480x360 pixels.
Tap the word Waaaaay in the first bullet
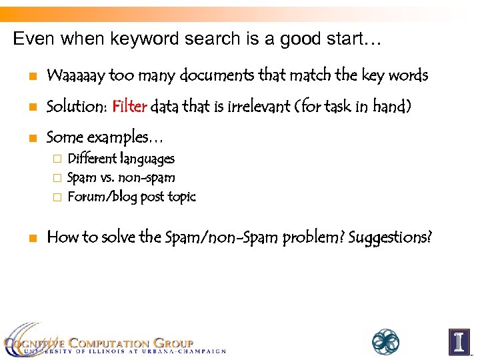[x=76, y=75]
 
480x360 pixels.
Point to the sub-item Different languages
[x=121, y=159]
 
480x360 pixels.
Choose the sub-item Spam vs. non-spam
[x=121, y=178]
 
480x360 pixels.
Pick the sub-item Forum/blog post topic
[x=131, y=197]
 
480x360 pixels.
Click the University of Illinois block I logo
[x=459, y=341]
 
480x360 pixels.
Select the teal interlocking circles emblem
[x=385, y=341]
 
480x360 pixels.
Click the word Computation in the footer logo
[x=109, y=343]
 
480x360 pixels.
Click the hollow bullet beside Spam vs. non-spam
[x=57, y=179]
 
